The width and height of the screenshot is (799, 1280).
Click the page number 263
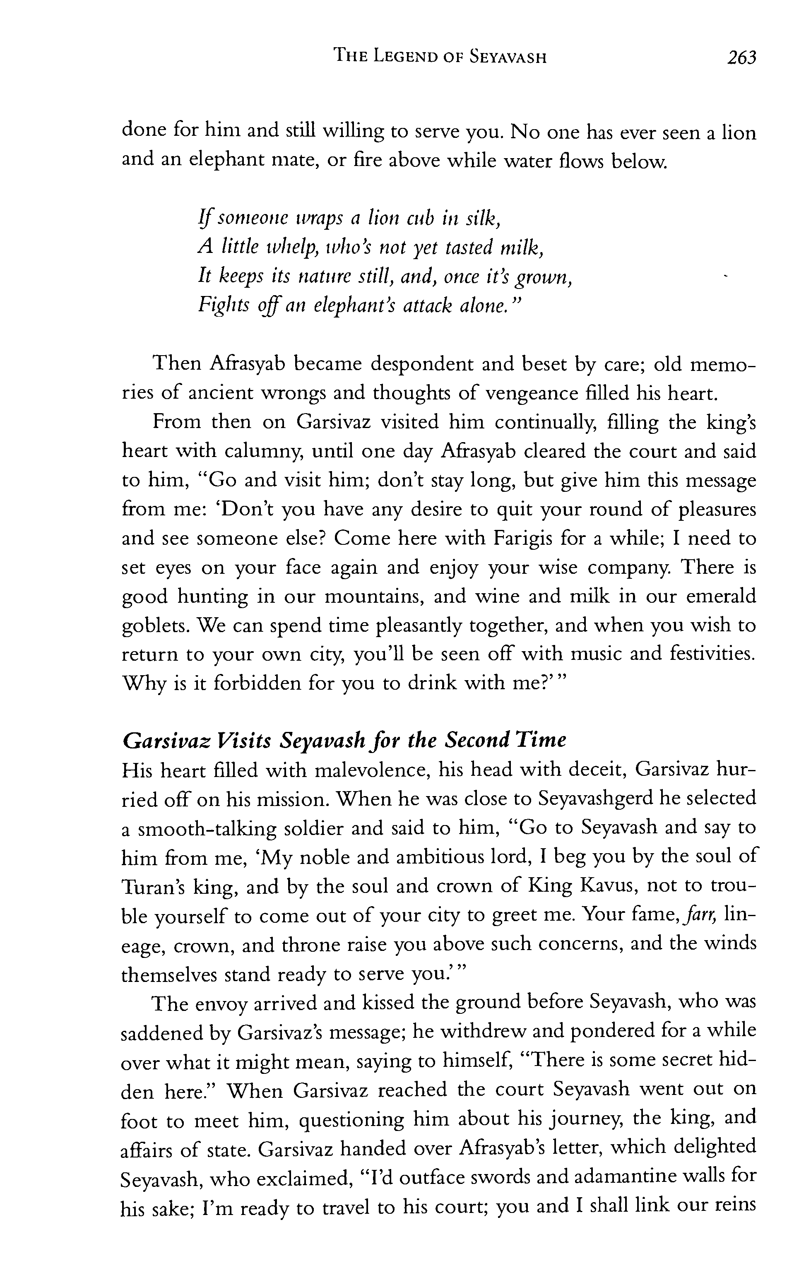click(741, 58)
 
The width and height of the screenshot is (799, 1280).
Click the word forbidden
click(258, 683)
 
